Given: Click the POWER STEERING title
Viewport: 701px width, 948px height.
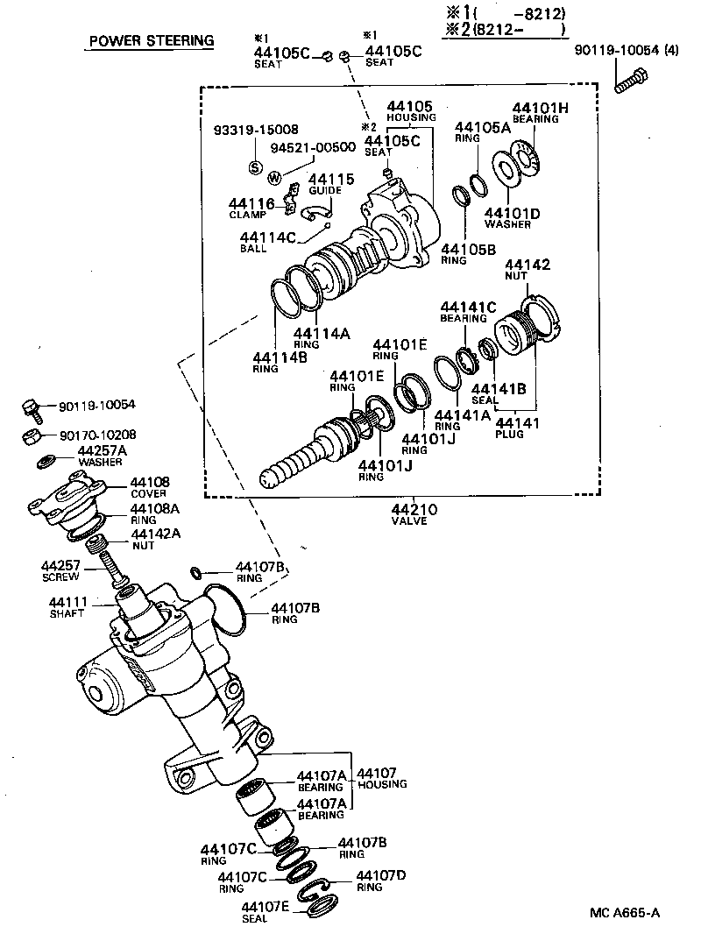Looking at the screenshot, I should coord(151,41).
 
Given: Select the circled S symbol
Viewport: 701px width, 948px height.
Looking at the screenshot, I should coord(255,167).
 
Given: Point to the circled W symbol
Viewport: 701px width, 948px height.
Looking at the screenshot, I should coord(275,178).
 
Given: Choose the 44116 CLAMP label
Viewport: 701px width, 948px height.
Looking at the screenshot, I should coord(252,208).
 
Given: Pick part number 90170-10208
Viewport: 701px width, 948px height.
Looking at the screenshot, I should coord(98,435).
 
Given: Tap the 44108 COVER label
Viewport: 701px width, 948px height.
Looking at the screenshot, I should coord(150,487).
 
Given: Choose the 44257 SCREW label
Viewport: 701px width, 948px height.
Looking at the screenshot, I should coord(60,570).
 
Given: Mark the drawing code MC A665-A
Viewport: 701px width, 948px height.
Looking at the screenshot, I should coord(624,913).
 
